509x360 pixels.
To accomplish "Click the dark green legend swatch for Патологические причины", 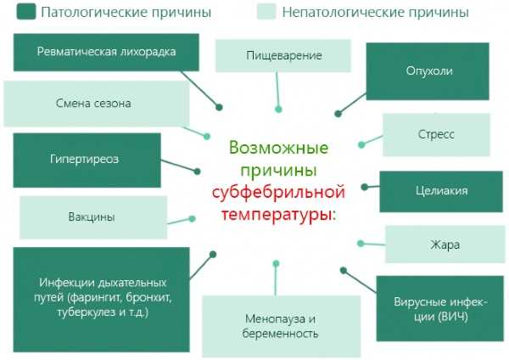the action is coord(26,12).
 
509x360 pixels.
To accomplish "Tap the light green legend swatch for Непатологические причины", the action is coord(266,12).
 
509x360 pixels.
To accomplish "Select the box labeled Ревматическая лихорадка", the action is coord(106,53).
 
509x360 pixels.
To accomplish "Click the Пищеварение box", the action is coord(283,55).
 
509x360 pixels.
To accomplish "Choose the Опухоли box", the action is coord(428,71).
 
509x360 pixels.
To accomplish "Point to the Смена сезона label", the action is coord(93,104).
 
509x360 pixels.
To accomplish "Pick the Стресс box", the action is coord(436,134).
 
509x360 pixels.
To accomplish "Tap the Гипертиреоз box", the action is coord(87,160).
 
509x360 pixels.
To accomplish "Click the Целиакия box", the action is coord(441,192).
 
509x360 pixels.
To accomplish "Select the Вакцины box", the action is coord(93,217).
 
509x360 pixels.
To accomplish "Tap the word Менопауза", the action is coord(275,319).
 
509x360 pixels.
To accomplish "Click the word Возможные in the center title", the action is coord(278,148).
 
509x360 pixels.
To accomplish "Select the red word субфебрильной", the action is coord(278,192).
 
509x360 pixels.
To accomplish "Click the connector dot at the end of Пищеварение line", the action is coord(278,110).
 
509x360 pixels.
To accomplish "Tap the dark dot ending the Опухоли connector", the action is coord(338,114).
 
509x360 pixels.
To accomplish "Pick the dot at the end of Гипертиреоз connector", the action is coord(197,172).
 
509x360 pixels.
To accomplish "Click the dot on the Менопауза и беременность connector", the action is coord(276,263).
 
